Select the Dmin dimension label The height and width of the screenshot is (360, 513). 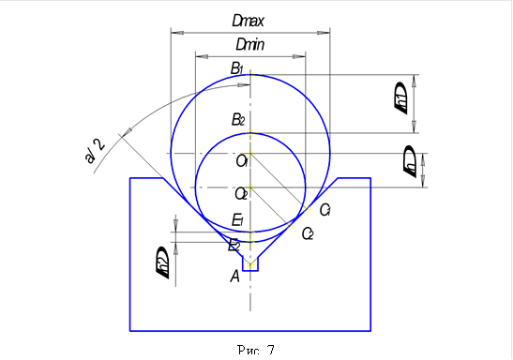249,44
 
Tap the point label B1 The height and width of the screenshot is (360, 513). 238,67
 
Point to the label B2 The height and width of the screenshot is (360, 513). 238,120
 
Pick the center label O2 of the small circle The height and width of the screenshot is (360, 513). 241,194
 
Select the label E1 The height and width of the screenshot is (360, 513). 238,221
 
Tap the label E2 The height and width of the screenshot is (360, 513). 234,246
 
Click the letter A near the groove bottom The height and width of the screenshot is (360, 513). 235,276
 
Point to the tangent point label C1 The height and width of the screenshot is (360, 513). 325,209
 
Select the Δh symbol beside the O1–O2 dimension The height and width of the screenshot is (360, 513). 409,161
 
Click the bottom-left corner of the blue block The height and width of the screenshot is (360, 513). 130,330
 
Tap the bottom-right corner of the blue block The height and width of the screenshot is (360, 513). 371,330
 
